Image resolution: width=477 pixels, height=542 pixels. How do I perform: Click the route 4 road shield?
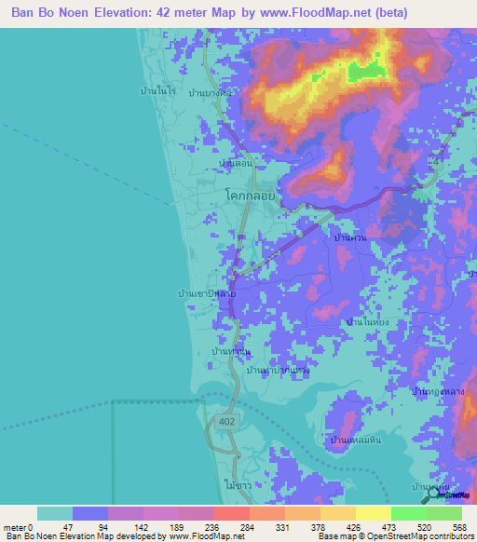434,162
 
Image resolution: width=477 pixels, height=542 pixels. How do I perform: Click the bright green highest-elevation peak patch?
365,72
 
